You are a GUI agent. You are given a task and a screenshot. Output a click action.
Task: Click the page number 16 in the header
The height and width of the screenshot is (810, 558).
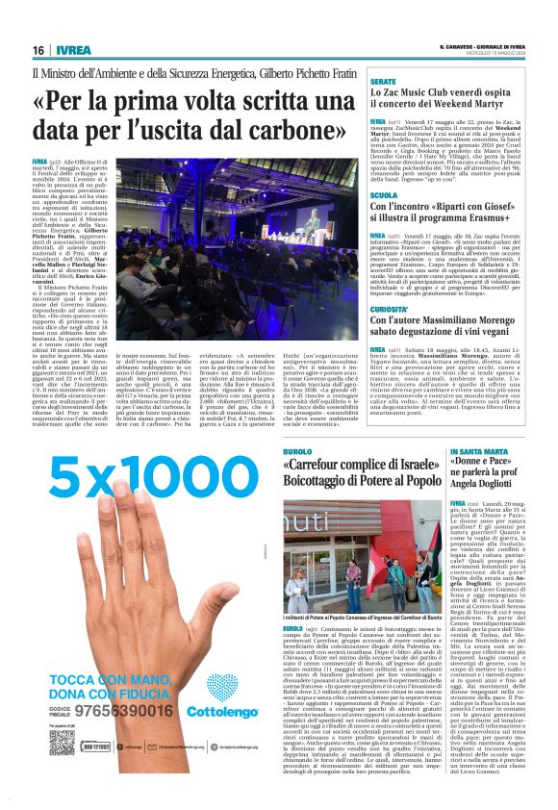click(x=38, y=50)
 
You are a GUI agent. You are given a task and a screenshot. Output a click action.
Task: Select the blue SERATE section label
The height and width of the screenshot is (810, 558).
click(x=384, y=84)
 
